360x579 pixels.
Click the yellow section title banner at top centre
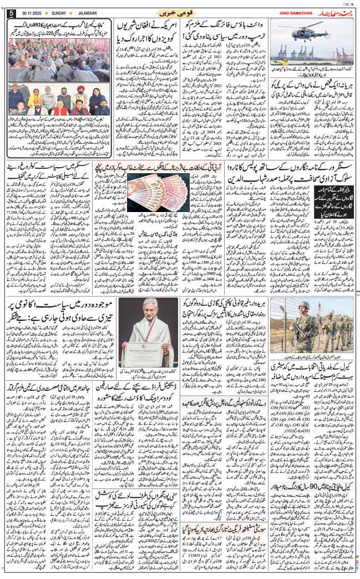pos(180,12)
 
